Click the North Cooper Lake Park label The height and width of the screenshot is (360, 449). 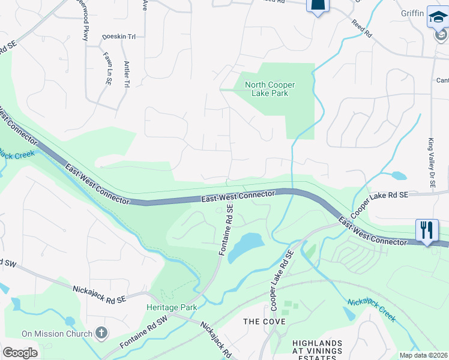tap(267, 89)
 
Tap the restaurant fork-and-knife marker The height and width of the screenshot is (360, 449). tap(427, 230)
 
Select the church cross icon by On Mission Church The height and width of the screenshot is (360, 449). tap(101, 332)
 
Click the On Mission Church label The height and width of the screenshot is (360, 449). tap(57, 334)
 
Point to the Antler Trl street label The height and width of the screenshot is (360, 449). tap(127, 74)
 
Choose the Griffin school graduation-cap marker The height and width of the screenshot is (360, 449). tap(438, 18)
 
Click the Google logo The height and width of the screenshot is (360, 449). tap(20, 353)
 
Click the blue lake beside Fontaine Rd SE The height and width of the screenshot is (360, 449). tap(246, 246)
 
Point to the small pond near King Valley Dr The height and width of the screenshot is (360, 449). tap(397, 176)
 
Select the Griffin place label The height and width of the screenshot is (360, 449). tap(413, 13)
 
